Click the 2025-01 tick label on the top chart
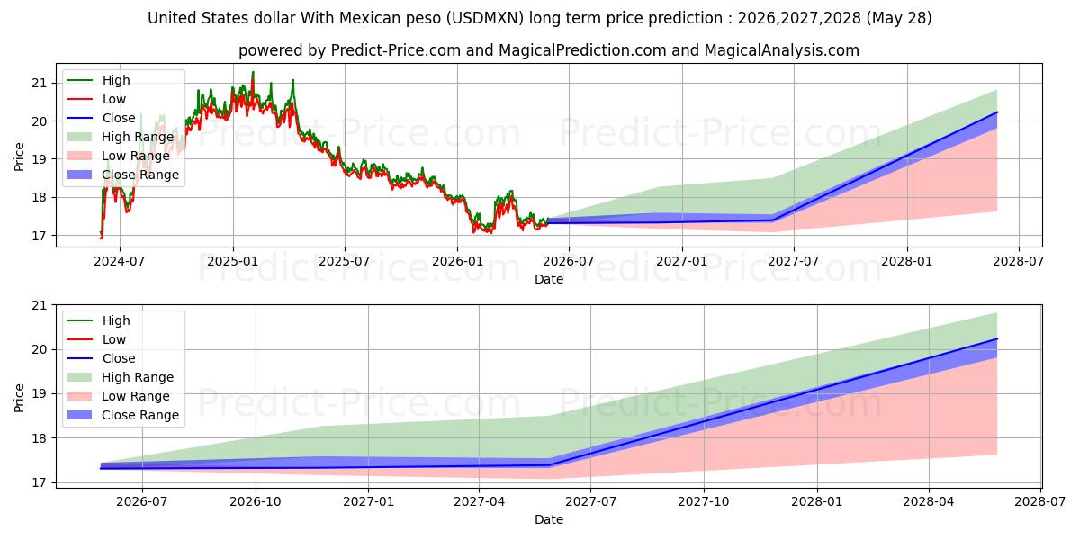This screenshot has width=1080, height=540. click(x=233, y=261)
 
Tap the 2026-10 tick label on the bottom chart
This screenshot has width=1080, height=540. click(x=255, y=501)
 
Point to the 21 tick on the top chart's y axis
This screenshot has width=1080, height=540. click(x=40, y=83)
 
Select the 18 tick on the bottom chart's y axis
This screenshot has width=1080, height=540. click(x=40, y=438)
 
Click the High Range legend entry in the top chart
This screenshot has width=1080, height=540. click(x=121, y=137)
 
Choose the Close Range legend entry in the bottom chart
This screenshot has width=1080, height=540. click(x=123, y=415)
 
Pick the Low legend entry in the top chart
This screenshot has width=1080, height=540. click(x=96, y=99)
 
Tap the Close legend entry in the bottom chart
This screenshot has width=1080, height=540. click(x=101, y=358)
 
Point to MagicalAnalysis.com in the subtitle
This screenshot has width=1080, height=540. click(x=781, y=50)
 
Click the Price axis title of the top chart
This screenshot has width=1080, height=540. click(x=19, y=157)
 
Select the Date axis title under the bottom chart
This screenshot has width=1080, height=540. click(x=549, y=519)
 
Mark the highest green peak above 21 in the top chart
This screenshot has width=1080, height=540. click(x=253, y=72)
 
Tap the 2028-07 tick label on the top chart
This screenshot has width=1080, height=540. click(x=1018, y=261)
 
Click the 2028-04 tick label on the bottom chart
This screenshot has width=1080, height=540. click(x=929, y=501)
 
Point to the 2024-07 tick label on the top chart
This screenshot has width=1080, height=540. click(x=119, y=261)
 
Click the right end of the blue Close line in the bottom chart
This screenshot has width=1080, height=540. click(x=997, y=339)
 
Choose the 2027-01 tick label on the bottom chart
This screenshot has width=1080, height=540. click(x=368, y=501)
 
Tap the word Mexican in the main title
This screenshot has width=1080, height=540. click(x=365, y=18)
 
